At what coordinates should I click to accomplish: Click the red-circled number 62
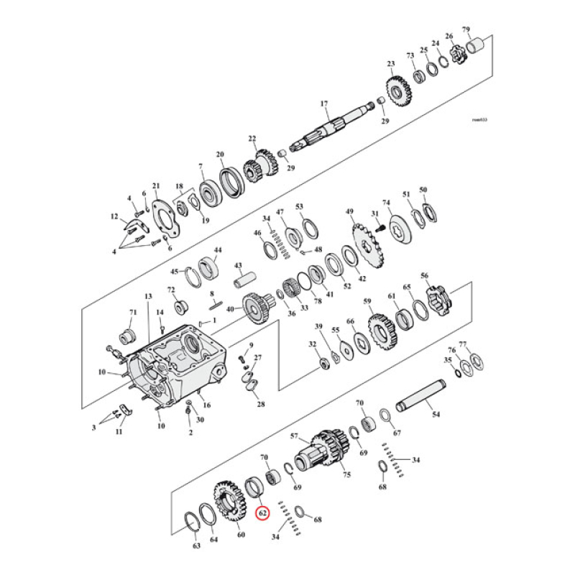point(263,513)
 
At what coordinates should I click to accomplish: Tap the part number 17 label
point(324,103)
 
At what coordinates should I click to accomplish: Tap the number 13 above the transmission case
point(149,296)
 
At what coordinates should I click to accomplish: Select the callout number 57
point(294,436)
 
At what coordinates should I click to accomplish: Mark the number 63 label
point(197,547)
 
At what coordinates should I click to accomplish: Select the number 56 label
point(424,276)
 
